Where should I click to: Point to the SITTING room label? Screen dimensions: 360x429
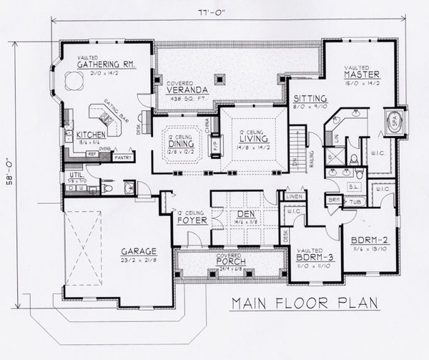pyautogui.click(x=311, y=98)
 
